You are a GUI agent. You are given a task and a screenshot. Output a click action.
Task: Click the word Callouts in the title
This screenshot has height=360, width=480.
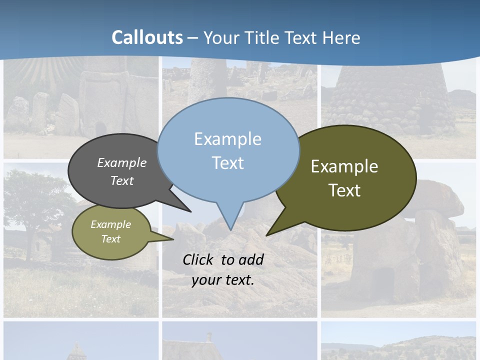click(x=147, y=37)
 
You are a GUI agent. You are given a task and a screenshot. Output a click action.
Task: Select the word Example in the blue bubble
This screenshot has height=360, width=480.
click(x=227, y=139)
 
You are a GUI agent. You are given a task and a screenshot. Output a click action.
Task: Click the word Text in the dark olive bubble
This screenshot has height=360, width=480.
click(x=344, y=190)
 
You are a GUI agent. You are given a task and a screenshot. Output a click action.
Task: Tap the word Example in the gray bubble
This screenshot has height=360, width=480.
click(x=121, y=162)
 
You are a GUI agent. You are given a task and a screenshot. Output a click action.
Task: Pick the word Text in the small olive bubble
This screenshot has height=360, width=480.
click(x=110, y=239)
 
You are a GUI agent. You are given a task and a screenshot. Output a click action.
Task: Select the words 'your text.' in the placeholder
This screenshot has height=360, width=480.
click(x=222, y=280)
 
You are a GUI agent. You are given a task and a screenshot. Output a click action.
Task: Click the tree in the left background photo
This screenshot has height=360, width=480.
click(x=35, y=200)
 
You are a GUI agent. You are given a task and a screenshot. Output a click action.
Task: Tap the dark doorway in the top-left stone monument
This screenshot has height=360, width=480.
click(x=101, y=128)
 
